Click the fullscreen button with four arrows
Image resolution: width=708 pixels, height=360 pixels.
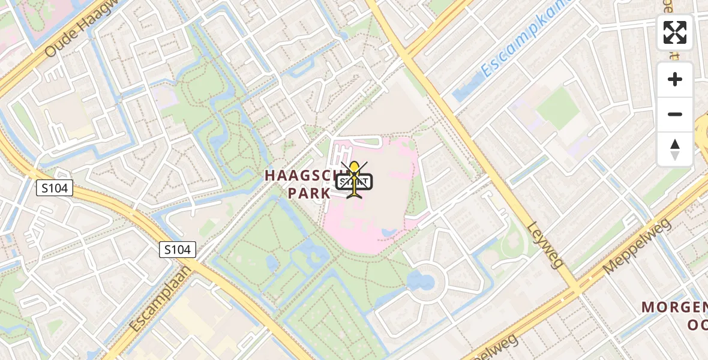[675, 32]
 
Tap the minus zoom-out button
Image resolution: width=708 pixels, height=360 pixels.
[675, 114]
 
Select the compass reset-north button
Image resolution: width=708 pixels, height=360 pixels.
[675, 149]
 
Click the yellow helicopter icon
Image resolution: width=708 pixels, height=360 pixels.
[355, 179]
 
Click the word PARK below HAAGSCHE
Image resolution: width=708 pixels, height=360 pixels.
[309, 193]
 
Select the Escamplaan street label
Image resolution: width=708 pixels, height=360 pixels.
[160, 298]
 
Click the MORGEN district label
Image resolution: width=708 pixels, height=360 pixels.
[675, 307]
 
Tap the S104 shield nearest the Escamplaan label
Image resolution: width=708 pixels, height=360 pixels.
[178, 250]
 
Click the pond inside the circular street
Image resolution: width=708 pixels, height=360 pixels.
[421, 280]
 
